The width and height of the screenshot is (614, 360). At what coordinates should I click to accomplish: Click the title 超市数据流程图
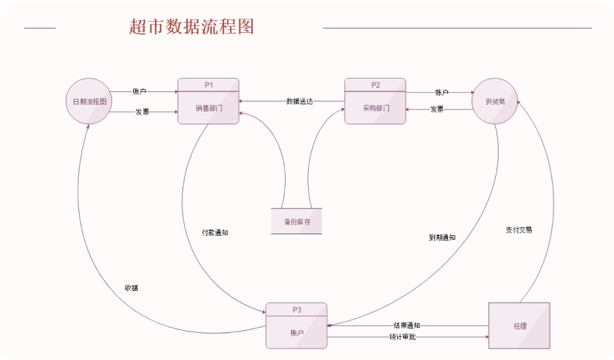click(x=191, y=27)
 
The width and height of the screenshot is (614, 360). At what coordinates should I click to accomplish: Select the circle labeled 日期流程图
click(x=89, y=101)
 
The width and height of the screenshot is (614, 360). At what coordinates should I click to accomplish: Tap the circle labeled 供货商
click(x=495, y=101)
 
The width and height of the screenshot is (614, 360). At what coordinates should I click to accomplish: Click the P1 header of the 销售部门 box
click(x=209, y=84)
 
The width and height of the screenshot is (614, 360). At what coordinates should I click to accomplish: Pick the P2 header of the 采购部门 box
click(x=375, y=84)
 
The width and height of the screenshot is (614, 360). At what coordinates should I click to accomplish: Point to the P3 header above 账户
click(x=296, y=309)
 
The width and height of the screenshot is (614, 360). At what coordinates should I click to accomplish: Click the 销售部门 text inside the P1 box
click(x=209, y=108)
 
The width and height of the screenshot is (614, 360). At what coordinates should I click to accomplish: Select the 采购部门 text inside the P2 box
click(x=375, y=108)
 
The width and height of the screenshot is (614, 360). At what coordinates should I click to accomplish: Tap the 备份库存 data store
click(x=296, y=222)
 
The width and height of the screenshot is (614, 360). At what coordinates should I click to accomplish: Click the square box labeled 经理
click(x=519, y=326)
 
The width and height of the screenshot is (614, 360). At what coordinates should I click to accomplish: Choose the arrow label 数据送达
click(x=299, y=101)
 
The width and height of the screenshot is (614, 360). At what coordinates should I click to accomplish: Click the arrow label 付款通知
click(x=215, y=233)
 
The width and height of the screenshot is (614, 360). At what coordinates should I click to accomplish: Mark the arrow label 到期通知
click(x=442, y=237)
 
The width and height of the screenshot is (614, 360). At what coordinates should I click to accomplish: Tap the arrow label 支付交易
click(x=518, y=230)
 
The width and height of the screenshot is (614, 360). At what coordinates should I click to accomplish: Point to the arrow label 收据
click(x=131, y=288)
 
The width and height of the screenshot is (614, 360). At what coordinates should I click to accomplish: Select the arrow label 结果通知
click(x=407, y=326)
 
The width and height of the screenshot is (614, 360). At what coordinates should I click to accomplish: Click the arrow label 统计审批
click(x=402, y=337)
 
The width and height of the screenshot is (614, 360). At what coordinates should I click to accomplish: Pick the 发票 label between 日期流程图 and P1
click(x=142, y=112)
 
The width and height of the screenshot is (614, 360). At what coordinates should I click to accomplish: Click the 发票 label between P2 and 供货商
click(x=437, y=109)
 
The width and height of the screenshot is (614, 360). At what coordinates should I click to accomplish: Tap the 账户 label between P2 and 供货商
click(x=441, y=93)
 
